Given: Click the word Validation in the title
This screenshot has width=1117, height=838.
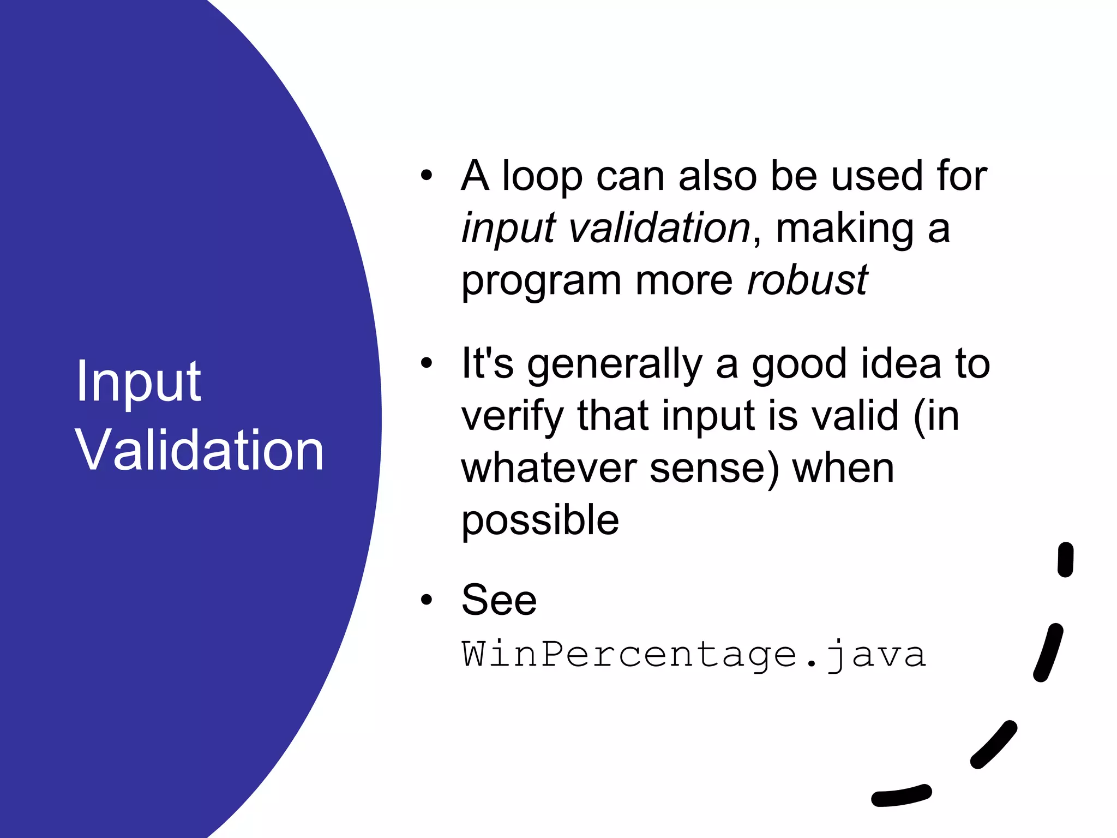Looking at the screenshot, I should point(200,451).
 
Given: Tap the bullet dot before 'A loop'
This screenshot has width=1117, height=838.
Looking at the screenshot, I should point(427,176).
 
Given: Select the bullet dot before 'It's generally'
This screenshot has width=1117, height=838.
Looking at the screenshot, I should point(427,363).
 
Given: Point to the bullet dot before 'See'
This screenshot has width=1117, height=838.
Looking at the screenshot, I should point(427,600).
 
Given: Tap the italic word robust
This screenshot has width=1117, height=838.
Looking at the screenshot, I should point(807,282).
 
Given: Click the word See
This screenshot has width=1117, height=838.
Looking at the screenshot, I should point(499,600).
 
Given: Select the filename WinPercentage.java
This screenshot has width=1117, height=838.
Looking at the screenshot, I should point(693,655).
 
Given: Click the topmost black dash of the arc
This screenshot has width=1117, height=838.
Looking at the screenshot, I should point(1065,559).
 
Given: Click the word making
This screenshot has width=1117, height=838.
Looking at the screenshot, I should point(844,229).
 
